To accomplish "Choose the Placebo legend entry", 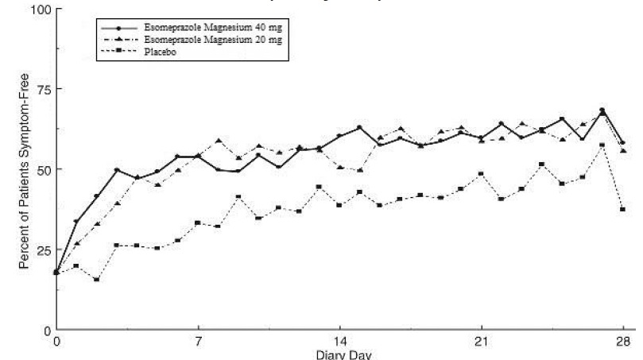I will tap(159, 52).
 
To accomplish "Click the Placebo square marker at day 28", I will tap(622, 209).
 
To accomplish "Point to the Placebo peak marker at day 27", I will tap(602, 145).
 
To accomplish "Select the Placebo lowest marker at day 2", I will tap(97, 280).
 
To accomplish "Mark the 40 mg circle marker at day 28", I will tap(622, 143).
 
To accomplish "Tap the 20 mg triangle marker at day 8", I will tap(218, 141).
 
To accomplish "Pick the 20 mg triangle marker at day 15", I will tap(359, 170).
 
